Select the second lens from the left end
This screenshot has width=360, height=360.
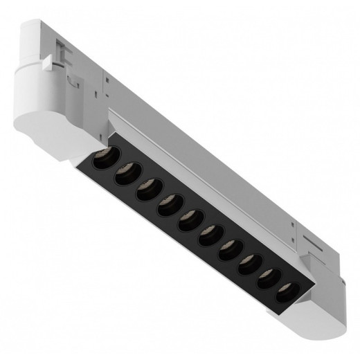(x=125, y=177)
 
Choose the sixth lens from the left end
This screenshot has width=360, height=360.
(x=208, y=238)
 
